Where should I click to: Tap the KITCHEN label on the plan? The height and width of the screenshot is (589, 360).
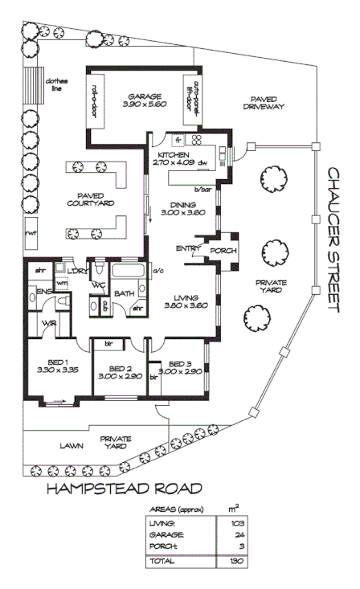(x=172, y=155)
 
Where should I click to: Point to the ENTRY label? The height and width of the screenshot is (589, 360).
(x=186, y=248)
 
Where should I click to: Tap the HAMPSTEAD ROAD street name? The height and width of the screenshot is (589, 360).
(x=123, y=488)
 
